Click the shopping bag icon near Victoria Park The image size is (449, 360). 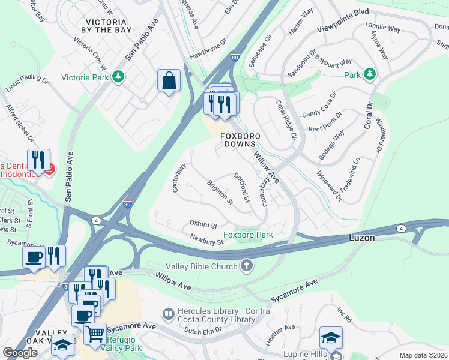169,80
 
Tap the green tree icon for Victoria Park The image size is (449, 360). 119,76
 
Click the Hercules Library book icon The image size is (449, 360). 169,314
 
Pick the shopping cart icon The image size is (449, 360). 95,334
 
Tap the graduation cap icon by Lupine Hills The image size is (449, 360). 331,338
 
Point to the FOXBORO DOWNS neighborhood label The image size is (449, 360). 238,140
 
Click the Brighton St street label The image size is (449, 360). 220,192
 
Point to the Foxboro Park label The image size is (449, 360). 248,235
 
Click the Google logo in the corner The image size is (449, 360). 20,353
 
